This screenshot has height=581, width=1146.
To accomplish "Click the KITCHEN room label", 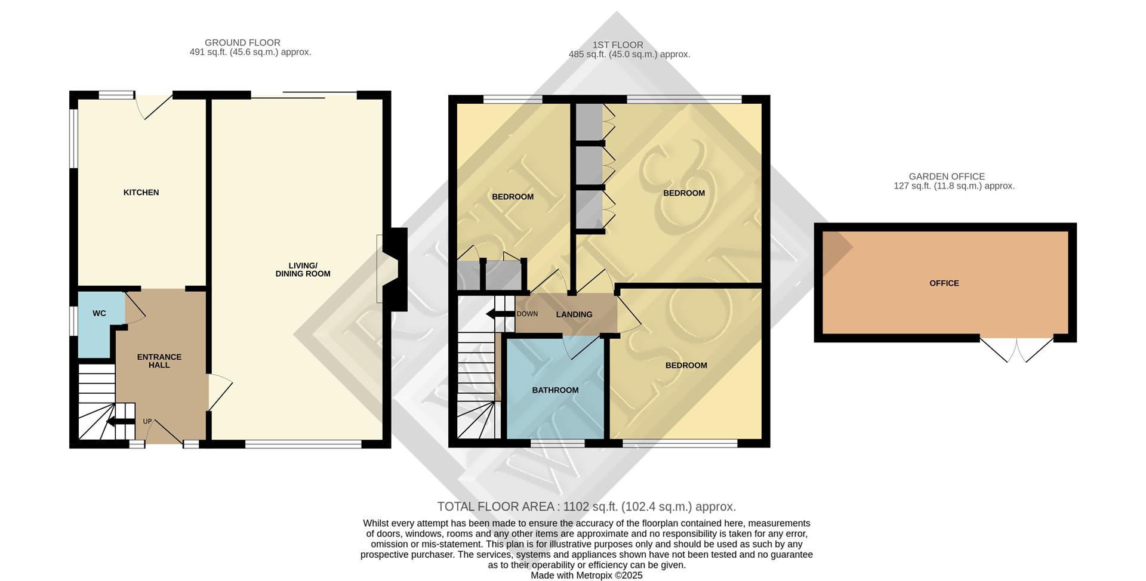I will (141, 192).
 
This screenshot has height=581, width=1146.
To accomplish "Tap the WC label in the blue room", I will (99, 313).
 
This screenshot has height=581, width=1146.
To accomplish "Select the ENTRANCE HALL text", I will (159, 361).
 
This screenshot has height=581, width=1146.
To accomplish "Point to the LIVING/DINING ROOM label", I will (303, 270).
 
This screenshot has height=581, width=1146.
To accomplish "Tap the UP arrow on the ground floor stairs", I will (120, 422).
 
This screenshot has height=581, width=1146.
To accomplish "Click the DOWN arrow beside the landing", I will (500, 314).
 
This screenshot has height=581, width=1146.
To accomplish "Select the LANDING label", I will (574, 314).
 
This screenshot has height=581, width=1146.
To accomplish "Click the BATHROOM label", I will (555, 390).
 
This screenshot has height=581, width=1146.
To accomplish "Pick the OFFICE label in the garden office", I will (944, 283).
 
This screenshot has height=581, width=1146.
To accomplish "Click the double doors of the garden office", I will (1016, 350).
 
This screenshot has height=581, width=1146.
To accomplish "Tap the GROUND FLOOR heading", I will (242, 42).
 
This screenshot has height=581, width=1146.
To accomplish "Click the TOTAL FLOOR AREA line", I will (586, 506).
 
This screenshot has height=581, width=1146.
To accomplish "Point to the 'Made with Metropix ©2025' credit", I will (586, 575).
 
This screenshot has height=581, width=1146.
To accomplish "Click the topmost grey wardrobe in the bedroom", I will (590, 122).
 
